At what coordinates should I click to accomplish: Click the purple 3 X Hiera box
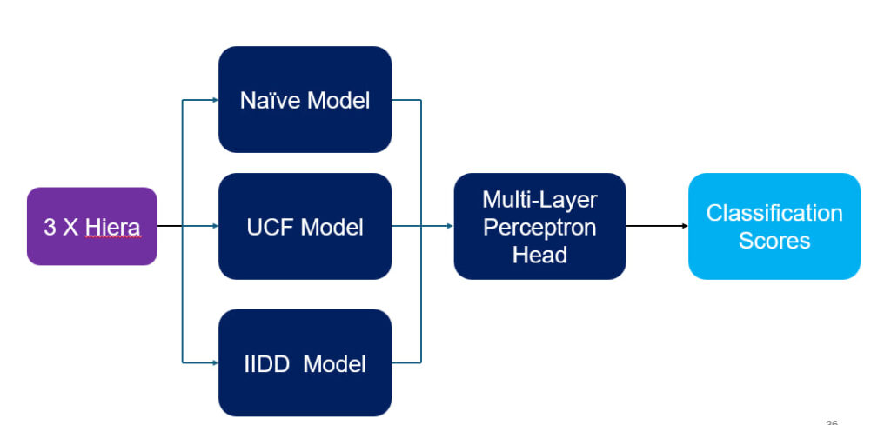(x=92, y=226)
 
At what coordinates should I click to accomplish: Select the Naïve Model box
(x=305, y=99)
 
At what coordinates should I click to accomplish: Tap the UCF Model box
(x=305, y=226)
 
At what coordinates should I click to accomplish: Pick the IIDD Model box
(x=305, y=362)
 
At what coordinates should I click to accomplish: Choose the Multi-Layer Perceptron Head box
(x=539, y=226)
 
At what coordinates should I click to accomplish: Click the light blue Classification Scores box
(x=774, y=226)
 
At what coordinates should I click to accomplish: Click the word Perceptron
(x=539, y=228)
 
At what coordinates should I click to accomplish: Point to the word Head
(x=539, y=255)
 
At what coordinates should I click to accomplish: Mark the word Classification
(x=774, y=213)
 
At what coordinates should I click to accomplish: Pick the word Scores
(x=774, y=241)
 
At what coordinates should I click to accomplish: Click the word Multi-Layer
(x=539, y=200)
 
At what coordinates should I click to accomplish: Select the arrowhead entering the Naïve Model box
(x=216, y=100)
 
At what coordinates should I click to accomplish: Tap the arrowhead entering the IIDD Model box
(x=216, y=362)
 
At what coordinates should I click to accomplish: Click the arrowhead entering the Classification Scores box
(x=685, y=226)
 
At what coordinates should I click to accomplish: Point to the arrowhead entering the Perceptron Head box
(x=450, y=226)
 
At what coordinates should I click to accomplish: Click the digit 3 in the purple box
(x=50, y=228)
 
